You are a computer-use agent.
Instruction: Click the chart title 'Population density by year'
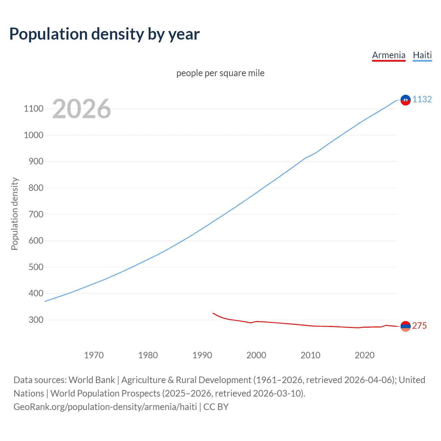[x=104, y=34]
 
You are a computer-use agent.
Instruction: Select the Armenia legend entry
[x=389, y=55]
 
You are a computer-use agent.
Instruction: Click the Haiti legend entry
[x=422, y=55]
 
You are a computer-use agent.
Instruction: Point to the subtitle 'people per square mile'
[x=220, y=73]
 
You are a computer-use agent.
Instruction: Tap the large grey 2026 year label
[x=82, y=109]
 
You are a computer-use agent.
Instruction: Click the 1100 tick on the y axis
[x=33, y=109]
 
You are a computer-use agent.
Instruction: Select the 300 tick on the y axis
[x=36, y=320]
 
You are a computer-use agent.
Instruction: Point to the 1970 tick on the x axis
[x=94, y=355]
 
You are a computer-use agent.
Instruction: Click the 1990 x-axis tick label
[x=202, y=355]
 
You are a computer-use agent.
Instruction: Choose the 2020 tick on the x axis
[x=365, y=355]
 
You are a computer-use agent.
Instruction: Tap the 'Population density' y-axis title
[x=14, y=214]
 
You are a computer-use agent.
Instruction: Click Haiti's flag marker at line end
[x=406, y=100]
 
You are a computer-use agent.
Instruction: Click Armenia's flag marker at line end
[x=406, y=326]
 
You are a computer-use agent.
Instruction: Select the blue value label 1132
[x=422, y=99]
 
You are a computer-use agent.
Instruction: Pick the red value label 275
[x=419, y=326]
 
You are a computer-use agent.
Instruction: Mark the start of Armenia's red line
[x=213, y=313]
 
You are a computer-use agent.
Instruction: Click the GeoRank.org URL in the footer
[x=105, y=407]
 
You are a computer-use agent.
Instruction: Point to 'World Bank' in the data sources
[x=92, y=380]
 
